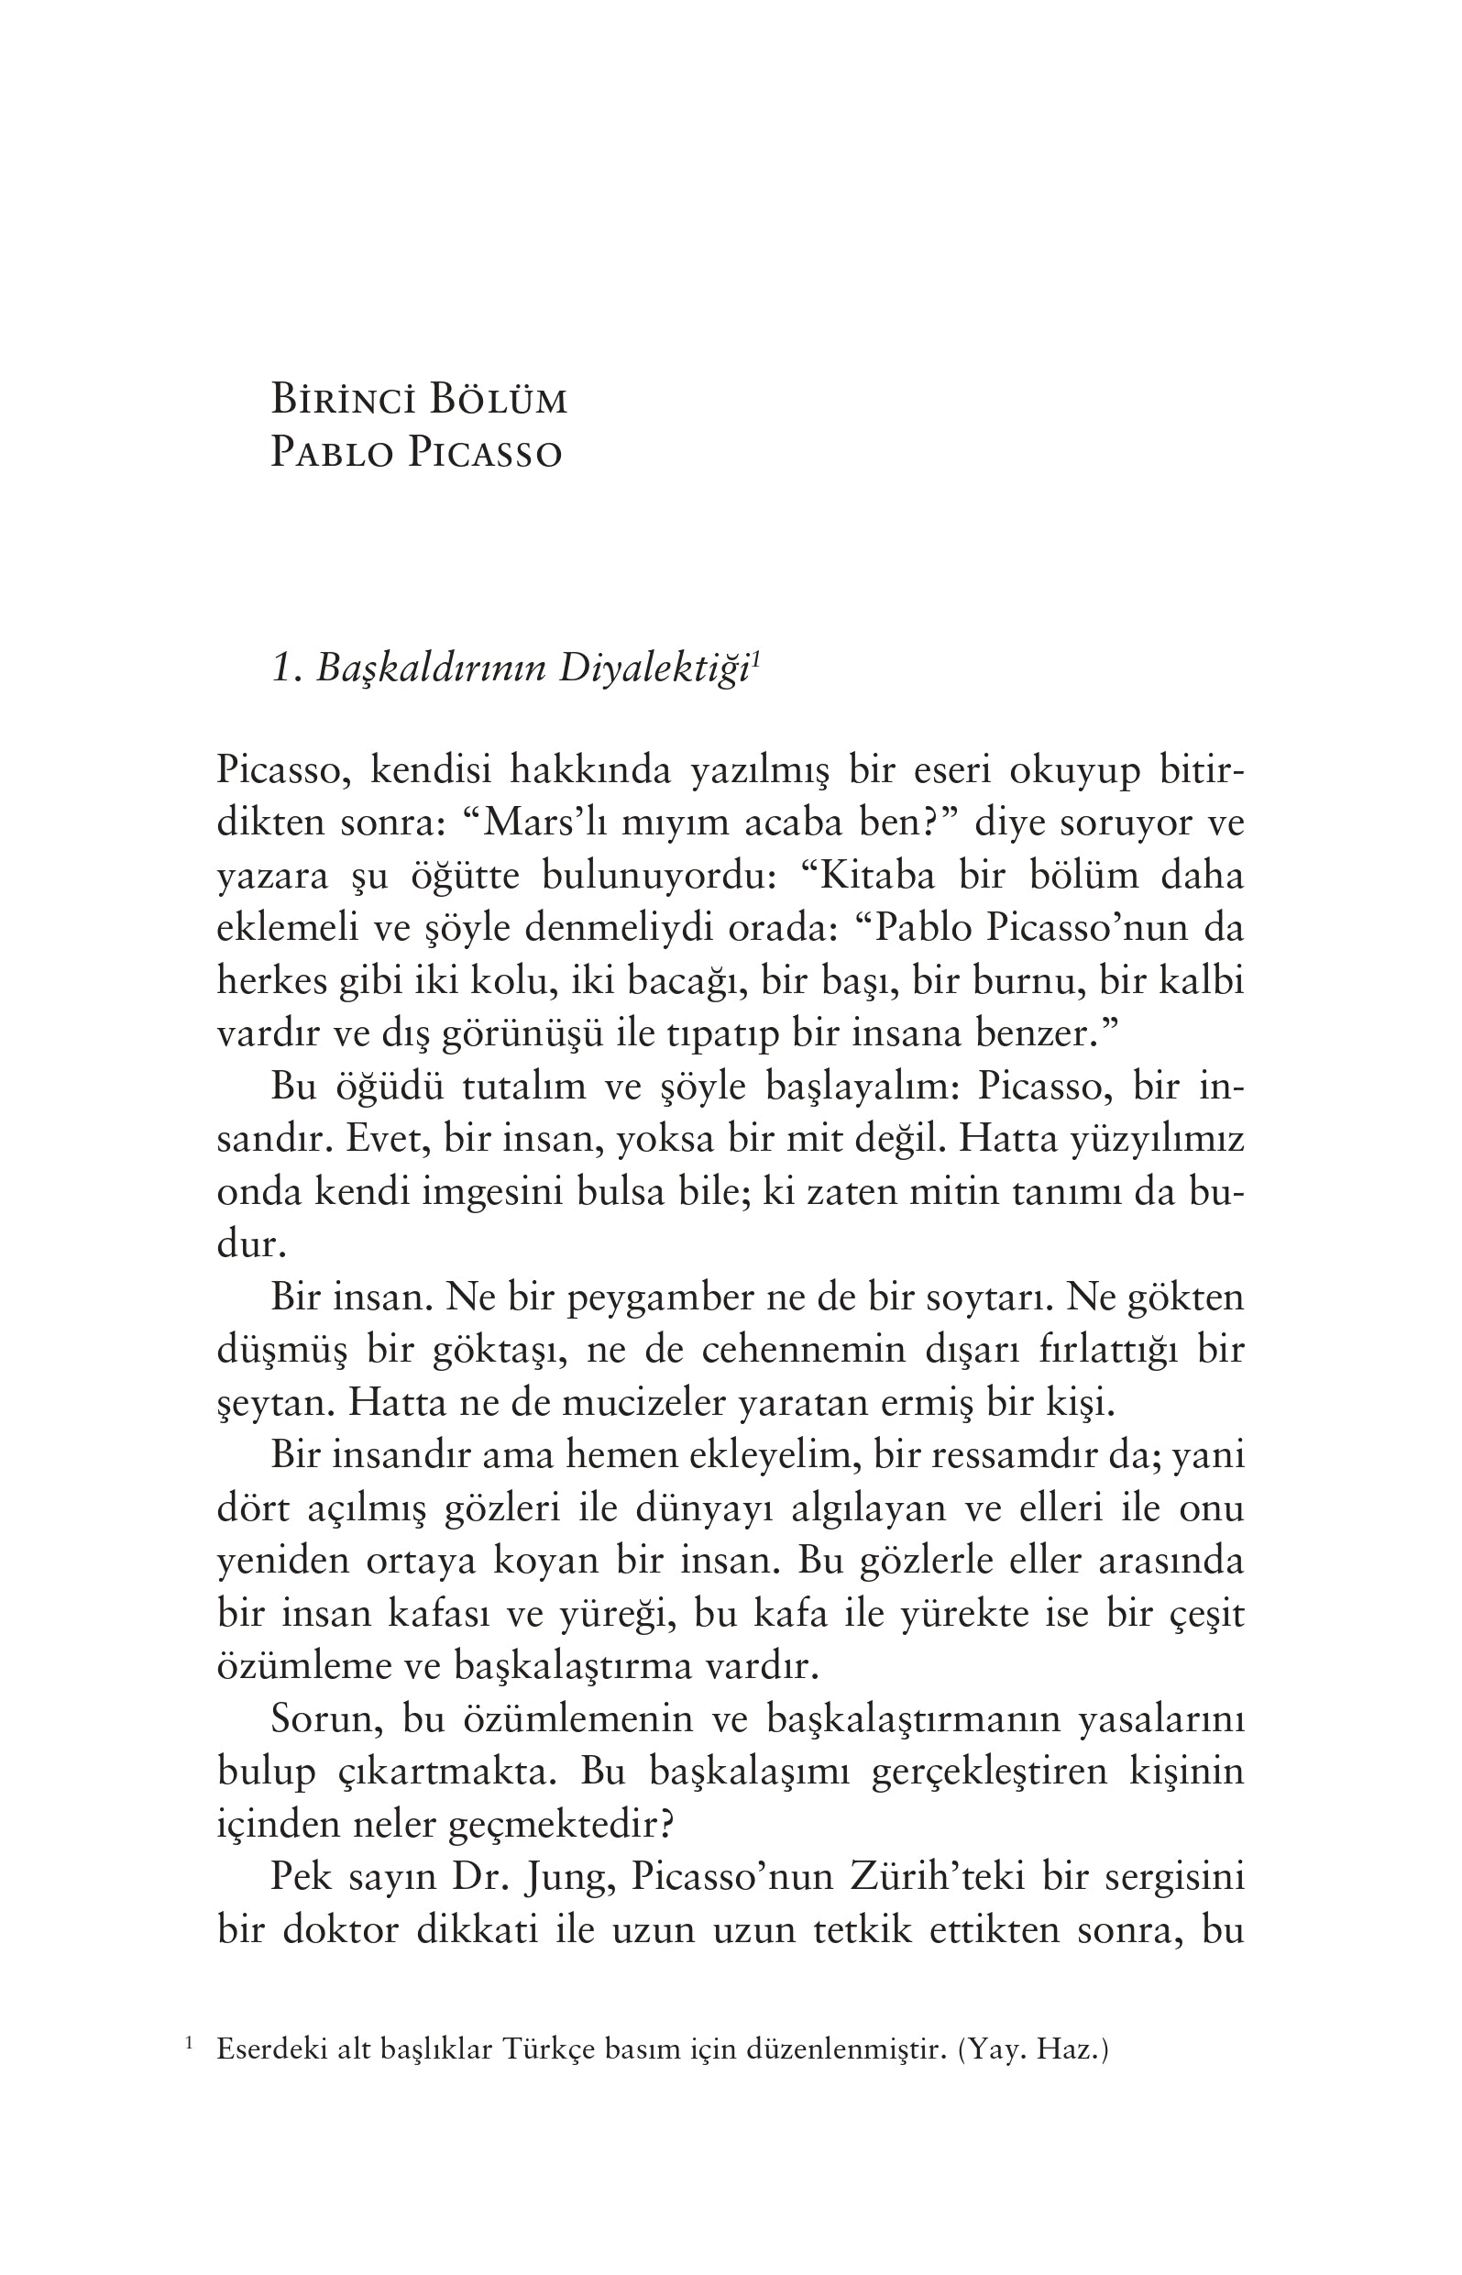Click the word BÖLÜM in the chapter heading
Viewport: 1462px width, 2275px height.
coord(498,400)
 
